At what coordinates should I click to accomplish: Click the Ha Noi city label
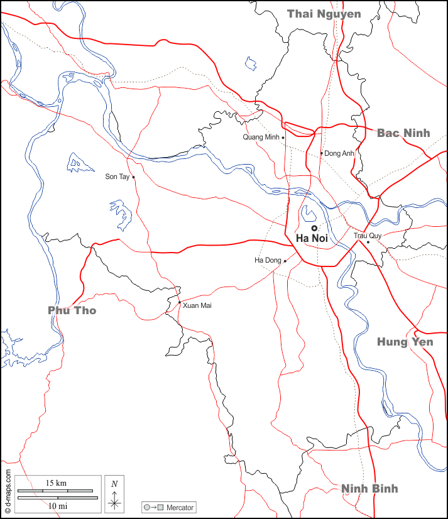click(x=312, y=238)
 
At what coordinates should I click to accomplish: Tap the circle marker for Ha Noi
click(x=314, y=228)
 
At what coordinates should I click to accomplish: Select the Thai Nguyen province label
click(x=324, y=14)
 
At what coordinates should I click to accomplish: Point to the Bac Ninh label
click(x=403, y=133)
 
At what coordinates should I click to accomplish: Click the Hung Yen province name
click(x=405, y=342)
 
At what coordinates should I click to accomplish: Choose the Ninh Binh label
click(x=369, y=488)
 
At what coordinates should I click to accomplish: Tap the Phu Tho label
click(x=72, y=310)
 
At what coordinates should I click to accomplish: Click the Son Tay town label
click(x=117, y=177)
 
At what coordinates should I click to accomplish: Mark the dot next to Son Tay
click(x=133, y=177)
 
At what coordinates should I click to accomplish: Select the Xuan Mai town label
click(x=197, y=305)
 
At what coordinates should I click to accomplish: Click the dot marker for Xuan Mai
click(x=179, y=302)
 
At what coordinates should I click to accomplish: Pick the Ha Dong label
click(x=267, y=260)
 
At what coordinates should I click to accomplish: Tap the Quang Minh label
click(x=261, y=137)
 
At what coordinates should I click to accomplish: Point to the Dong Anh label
click(x=339, y=153)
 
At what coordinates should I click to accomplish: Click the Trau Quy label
click(x=368, y=236)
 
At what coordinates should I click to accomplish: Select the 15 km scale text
click(x=56, y=483)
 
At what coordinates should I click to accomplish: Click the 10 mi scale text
click(x=57, y=505)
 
